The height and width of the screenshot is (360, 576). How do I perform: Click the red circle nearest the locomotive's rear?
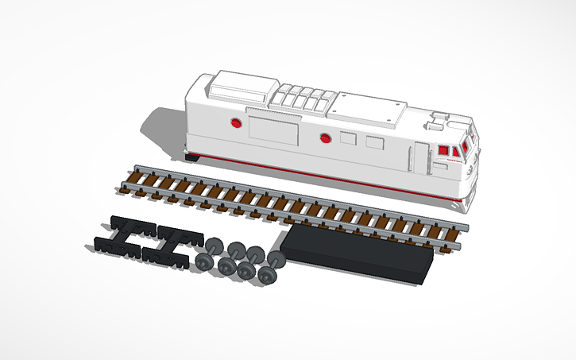[235, 122]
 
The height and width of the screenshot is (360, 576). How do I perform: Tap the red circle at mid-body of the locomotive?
[325, 138]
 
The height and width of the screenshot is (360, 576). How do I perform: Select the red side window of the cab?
[443, 150]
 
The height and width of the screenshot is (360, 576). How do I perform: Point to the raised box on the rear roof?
[243, 83]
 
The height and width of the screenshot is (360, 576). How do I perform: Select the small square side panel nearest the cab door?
[374, 143]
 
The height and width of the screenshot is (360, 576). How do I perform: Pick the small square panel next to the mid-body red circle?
[348, 138]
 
